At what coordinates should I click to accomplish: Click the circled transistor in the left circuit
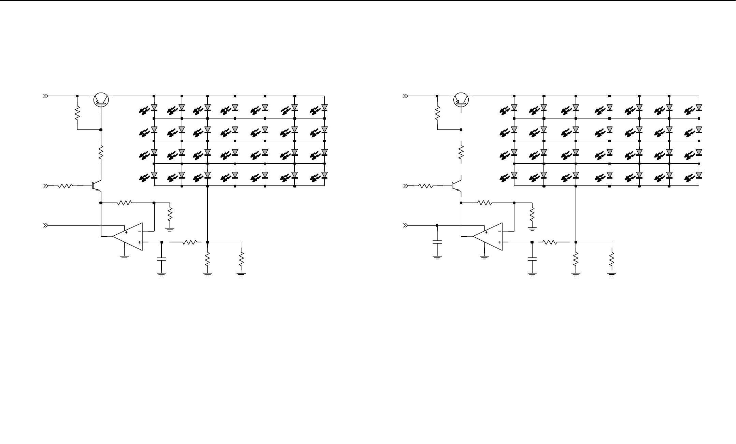[101, 100]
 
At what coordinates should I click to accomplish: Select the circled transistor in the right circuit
[461, 100]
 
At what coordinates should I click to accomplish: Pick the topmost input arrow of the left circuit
[45, 96]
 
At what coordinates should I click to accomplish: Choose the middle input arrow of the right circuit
[406, 186]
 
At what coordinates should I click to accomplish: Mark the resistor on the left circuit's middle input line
[65, 186]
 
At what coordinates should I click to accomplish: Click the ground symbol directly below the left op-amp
[125, 257]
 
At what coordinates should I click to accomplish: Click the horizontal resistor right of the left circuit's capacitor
[189, 242]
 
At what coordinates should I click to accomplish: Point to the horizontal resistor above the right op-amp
[484, 203]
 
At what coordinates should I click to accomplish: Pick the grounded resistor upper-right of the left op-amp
[170, 214]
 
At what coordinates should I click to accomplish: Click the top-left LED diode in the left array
[154, 108]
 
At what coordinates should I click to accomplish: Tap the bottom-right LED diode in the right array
[698, 176]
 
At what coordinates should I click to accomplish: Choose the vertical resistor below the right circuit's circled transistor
[461, 152]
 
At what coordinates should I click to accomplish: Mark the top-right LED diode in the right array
[698, 108]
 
